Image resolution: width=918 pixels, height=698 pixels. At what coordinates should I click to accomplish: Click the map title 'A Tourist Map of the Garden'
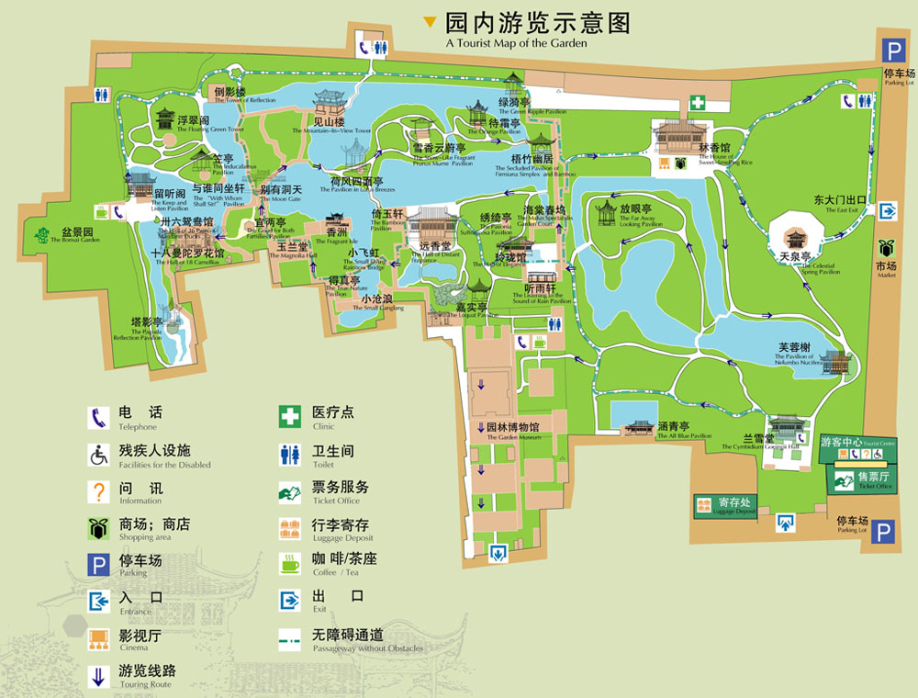[x=516, y=42]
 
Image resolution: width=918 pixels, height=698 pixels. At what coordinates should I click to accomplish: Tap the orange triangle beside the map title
[x=429, y=22]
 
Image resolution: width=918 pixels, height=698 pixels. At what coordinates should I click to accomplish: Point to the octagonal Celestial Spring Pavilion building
[x=795, y=229]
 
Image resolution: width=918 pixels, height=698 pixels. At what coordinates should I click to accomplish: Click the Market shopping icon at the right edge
[x=887, y=249]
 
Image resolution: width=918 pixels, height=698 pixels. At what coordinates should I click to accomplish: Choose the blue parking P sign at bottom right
[x=883, y=533]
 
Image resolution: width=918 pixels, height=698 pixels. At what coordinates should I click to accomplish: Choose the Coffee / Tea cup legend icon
[x=290, y=563]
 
